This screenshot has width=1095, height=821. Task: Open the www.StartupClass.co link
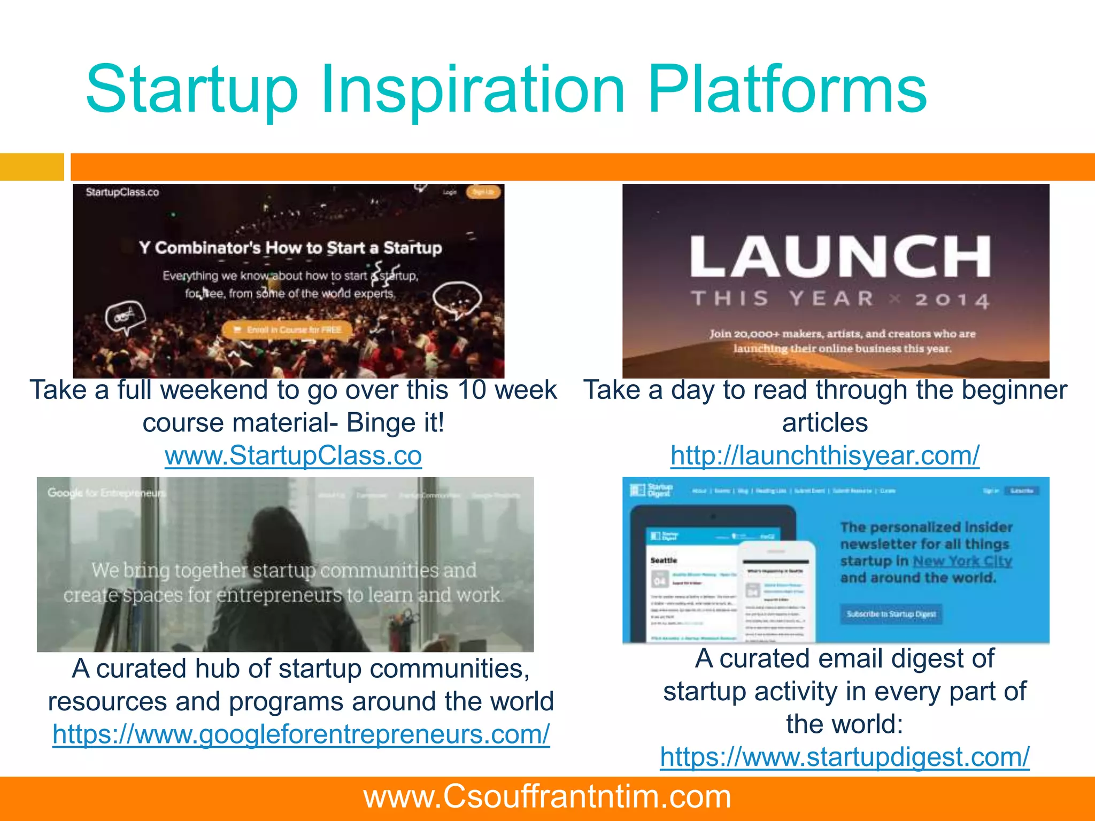(293, 456)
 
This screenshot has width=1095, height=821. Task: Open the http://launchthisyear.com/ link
(824, 456)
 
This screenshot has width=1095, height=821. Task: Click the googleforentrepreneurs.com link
(301, 734)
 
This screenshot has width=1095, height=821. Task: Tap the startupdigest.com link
(844, 757)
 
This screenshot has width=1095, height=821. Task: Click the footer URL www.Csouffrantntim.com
(547, 797)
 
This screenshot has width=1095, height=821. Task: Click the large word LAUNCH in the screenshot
(840, 257)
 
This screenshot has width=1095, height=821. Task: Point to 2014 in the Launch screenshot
(952, 300)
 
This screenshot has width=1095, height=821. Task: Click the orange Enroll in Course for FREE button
(288, 330)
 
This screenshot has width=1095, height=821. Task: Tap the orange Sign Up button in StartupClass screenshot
(483, 192)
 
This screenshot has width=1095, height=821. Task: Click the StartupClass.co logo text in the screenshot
(122, 192)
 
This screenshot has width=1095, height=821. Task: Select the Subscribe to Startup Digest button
(891, 614)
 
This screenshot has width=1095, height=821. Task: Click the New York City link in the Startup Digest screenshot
(962, 561)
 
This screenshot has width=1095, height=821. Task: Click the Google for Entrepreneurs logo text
(106, 493)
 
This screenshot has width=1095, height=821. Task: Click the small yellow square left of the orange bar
(32, 167)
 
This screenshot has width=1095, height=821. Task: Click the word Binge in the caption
(380, 423)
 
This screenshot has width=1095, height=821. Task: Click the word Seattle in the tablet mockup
(664, 560)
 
